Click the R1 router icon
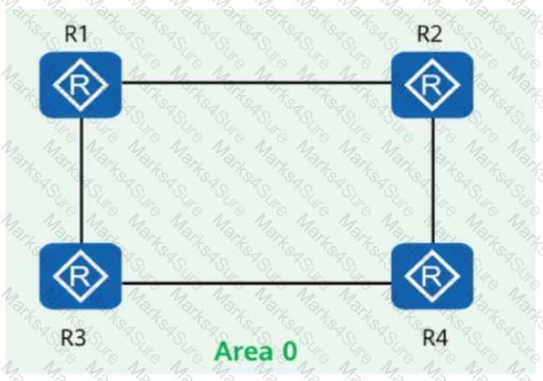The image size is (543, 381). (81, 85)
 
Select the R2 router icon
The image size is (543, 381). (432, 85)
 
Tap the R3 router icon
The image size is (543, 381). (81, 276)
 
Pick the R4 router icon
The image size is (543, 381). (432, 276)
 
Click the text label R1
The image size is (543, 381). (76, 34)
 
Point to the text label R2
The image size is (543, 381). (430, 34)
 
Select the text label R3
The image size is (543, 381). (73, 337)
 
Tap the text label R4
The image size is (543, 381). (435, 337)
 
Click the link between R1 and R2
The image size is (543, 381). (257, 83)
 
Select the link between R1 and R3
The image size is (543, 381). (82, 180)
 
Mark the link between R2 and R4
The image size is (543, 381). (433, 180)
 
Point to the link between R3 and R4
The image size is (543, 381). (257, 283)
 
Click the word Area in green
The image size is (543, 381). (244, 351)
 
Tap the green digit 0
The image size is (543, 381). (290, 351)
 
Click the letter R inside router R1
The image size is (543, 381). (80, 85)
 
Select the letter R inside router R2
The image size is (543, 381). (431, 85)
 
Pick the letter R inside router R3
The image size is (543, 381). (80, 276)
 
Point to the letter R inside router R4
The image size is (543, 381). (431, 276)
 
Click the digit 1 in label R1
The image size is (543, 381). (83, 34)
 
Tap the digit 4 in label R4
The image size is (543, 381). (442, 337)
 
